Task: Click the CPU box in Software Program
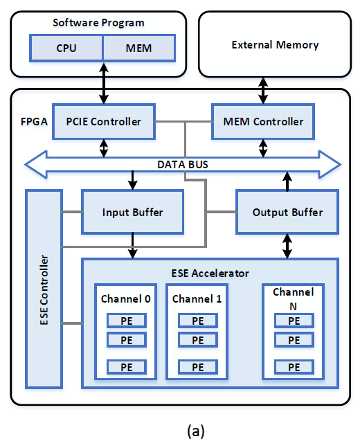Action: [66, 48]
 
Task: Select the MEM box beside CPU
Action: [138, 48]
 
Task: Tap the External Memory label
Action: [275, 45]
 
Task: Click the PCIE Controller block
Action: [103, 122]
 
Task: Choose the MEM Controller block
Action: [263, 122]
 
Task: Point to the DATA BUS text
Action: [182, 165]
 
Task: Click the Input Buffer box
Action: [133, 212]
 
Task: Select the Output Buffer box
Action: [288, 212]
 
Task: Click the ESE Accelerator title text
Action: [210, 273]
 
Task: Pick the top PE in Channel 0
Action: [126, 321]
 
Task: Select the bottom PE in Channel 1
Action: [197, 366]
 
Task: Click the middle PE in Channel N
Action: [294, 340]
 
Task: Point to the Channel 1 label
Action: [197, 299]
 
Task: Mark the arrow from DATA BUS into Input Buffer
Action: [132, 180]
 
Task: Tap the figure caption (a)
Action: [195, 430]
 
